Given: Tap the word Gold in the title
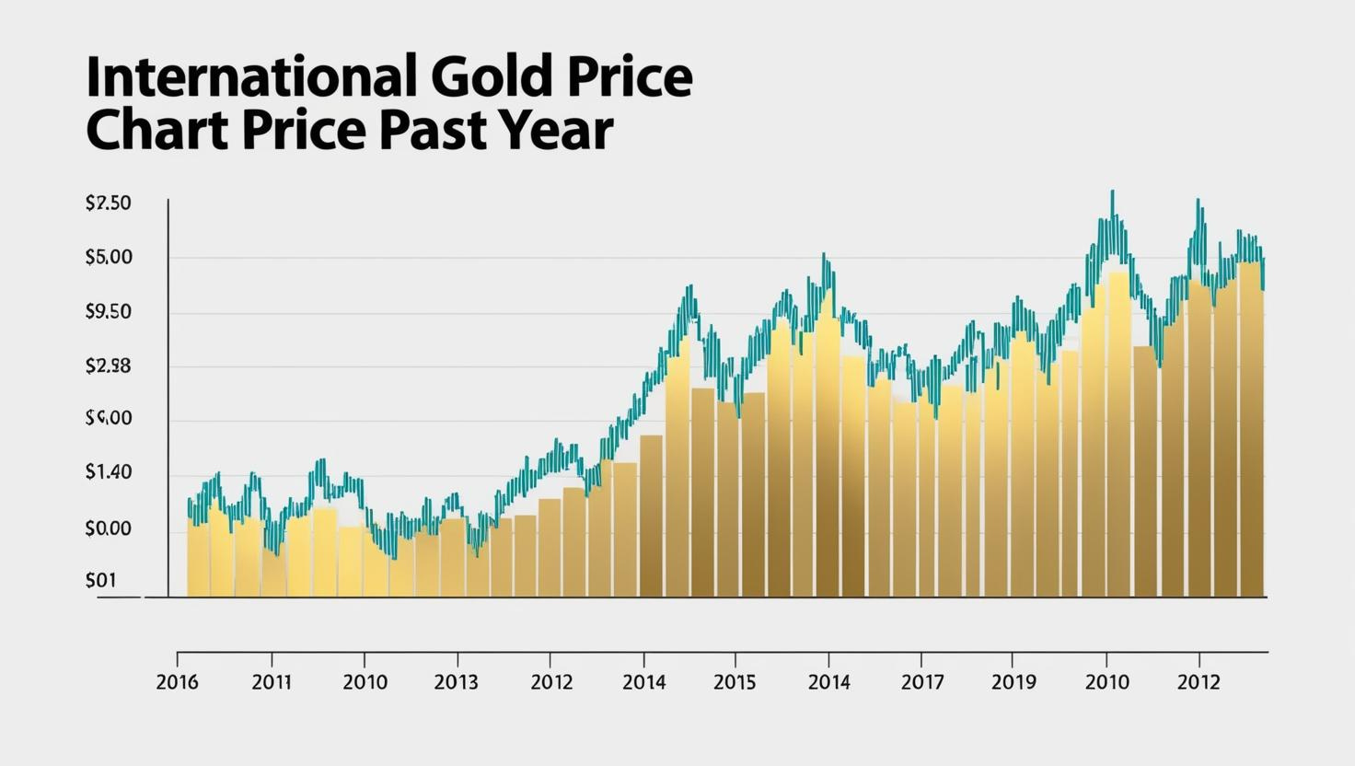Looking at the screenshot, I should coord(488,77).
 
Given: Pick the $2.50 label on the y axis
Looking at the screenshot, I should coord(108,203).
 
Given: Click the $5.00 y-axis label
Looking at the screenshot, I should coord(108,258).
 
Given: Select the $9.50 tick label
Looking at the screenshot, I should coord(108,312).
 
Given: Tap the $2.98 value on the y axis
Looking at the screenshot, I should coord(108,366).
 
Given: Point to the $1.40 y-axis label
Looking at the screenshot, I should coord(108,472).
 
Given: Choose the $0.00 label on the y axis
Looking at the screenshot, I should coord(108,529).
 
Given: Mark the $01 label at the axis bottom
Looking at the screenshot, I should coord(100,581).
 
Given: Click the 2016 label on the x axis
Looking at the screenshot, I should coord(179,682).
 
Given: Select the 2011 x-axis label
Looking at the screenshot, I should coord(272,682).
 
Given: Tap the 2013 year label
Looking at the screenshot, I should coord(457,682).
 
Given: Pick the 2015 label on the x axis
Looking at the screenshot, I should coord(735,682).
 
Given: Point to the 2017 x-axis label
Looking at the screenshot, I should coord(921,682).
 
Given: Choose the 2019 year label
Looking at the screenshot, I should coord(1013,682).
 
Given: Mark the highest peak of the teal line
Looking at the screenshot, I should coord(1112,192).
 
